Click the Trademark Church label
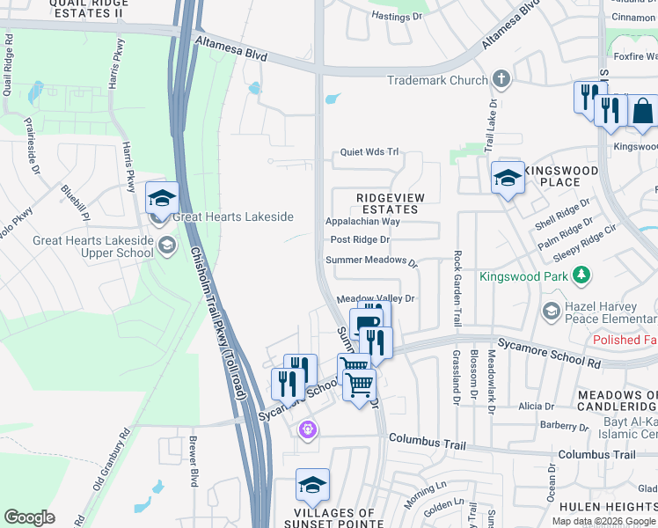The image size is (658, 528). (x=437, y=80)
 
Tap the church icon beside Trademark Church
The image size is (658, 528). (x=501, y=79)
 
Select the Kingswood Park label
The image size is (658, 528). (x=525, y=276)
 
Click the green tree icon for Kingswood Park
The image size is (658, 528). (x=581, y=276)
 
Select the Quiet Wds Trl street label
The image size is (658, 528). (x=370, y=152)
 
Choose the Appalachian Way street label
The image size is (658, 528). (x=362, y=222)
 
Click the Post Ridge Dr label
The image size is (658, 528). (x=359, y=239)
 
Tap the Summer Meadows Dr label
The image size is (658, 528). (x=370, y=260)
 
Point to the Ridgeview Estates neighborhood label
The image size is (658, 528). (x=387, y=203)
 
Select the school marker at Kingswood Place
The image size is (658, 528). (x=508, y=179)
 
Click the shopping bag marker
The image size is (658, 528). (x=642, y=111)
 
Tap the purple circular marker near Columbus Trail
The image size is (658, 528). (x=307, y=430)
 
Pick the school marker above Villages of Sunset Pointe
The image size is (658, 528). (x=312, y=485)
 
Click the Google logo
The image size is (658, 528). (x=30, y=517)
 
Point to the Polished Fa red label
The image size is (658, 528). (x=625, y=340)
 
